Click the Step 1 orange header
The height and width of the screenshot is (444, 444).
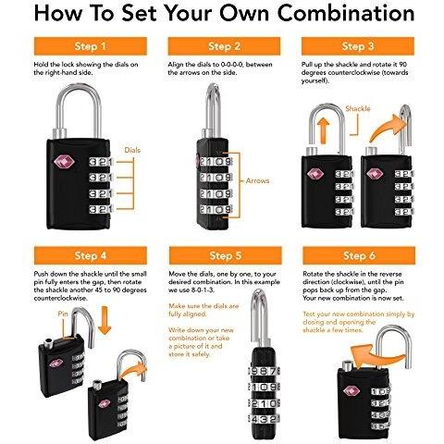tap(91, 46)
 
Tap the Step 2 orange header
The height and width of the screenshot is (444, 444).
tap(224, 46)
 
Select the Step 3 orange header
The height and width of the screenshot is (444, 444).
tap(358, 46)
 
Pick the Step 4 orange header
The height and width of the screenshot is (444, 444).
tap(91, 255)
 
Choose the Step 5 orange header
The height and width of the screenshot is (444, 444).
tap(226, 255)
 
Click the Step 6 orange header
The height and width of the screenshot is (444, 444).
tap(359, 255)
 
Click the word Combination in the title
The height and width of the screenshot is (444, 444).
tap(346, 14)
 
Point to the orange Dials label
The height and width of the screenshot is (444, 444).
tap(132, 150)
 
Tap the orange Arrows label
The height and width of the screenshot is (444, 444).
tap(257, 180)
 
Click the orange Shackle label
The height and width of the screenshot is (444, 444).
tap(358, 108)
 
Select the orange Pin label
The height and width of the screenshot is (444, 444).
tap(63, 314)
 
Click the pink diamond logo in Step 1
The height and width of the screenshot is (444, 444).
tap(64, 163)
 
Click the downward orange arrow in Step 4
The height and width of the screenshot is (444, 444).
tap(105, 321)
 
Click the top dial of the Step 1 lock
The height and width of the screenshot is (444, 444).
tap(101, 162)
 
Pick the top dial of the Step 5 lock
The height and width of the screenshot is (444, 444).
tap(265, 371)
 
